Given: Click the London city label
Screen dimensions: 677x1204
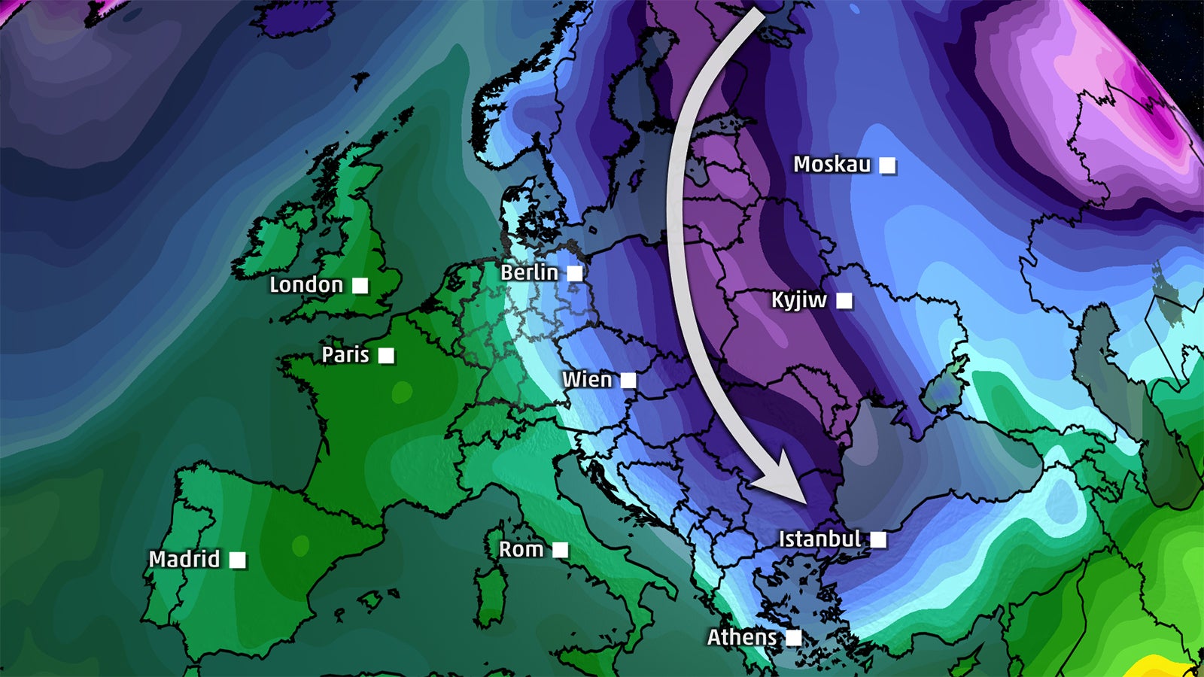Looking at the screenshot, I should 306,285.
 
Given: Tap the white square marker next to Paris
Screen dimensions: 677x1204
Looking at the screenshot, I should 386,355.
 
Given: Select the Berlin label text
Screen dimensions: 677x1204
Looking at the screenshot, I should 530,272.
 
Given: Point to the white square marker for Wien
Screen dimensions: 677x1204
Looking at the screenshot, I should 628,381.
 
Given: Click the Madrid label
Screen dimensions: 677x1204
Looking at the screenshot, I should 184,560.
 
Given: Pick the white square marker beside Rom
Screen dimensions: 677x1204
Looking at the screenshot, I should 560,550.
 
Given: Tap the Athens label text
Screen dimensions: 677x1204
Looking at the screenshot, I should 742,637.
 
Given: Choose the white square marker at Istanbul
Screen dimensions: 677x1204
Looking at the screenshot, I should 878,539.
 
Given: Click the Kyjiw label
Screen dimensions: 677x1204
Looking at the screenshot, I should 799,300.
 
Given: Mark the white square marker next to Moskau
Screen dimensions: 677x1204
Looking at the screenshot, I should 888,165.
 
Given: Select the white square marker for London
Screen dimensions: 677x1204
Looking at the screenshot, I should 360,286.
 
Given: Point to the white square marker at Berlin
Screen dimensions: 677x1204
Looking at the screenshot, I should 575,273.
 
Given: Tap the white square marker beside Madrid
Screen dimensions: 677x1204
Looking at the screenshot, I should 237,560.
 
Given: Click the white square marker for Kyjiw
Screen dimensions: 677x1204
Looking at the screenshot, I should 844,301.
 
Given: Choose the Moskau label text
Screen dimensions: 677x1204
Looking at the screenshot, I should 832,165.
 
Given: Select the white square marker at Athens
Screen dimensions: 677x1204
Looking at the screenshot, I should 793,638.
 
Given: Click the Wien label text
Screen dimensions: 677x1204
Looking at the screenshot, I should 587,380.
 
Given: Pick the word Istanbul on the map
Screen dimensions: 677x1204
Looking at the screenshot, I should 819,539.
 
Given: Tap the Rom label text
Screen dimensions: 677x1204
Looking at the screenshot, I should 521,550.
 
